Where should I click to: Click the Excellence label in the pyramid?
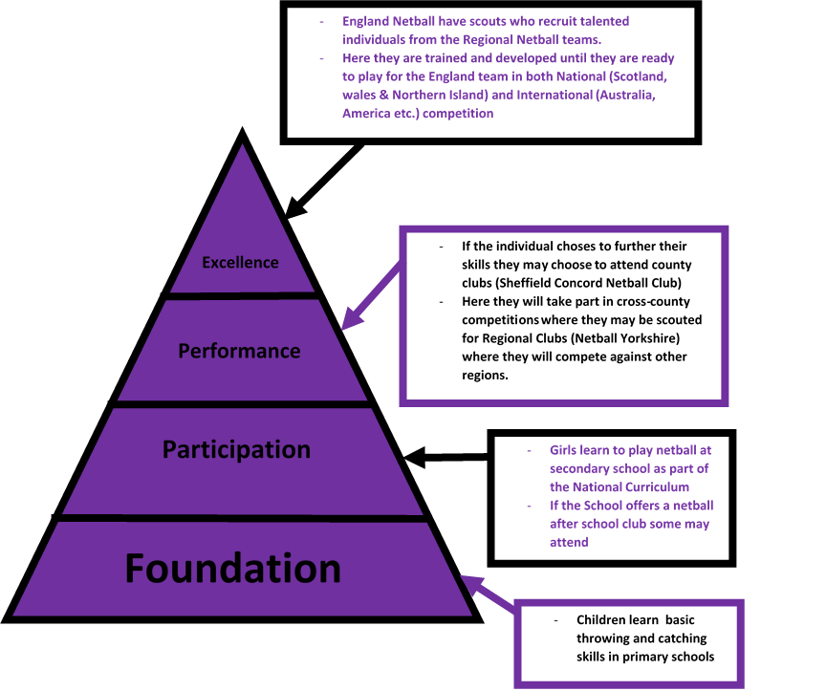click(240, 263)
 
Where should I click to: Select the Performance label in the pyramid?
click(239, 351)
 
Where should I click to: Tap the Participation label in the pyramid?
click(236, 449)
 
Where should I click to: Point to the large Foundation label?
click(233, 569)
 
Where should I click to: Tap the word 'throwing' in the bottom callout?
click(605, 638)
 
